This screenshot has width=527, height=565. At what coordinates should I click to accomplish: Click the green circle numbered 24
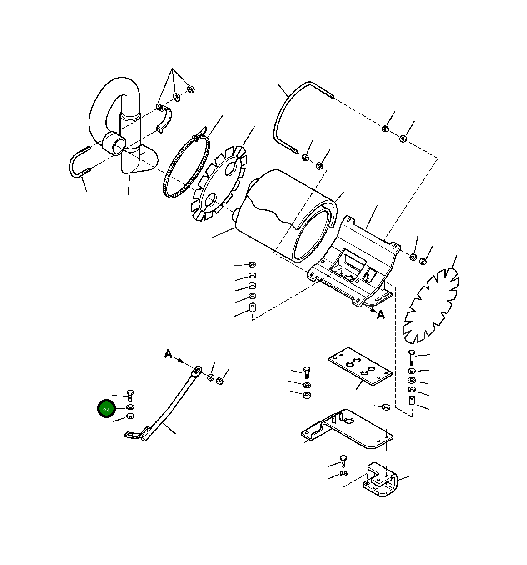point(106,409)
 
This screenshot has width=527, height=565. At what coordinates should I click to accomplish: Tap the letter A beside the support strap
point(169,354)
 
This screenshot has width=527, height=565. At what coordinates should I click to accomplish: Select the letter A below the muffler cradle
point(380,315)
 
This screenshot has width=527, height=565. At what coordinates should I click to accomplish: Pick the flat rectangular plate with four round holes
point(360,367)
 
